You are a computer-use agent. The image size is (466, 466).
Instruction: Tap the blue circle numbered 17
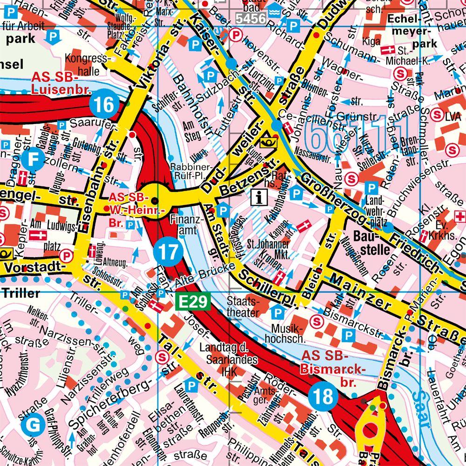167,252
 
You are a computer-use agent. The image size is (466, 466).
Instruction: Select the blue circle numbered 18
322,397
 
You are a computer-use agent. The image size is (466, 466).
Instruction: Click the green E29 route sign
193,302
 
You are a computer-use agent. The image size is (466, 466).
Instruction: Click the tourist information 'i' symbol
257,197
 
